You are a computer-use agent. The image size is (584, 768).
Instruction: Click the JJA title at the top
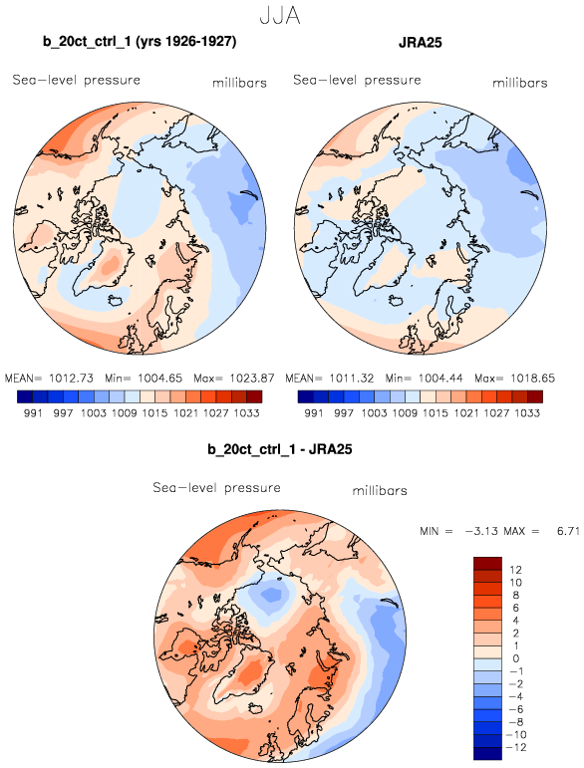(x=280, y=16)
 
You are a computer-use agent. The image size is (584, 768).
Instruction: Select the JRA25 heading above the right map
(x=421, y=43)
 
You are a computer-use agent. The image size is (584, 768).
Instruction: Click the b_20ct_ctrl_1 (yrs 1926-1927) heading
(x=140, y=42)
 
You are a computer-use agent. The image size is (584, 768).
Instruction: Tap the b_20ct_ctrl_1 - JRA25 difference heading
(x=280, y=449)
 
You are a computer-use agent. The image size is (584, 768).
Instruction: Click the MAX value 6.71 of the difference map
(x=568, y=531)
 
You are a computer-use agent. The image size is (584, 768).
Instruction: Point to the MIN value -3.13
(x=481, y=531)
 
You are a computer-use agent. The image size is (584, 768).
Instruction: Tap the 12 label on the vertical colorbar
(x=515, y=570)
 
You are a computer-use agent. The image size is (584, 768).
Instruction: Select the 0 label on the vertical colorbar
(x=516, y=658)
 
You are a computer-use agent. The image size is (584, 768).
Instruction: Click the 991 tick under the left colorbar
(x=33, y=413)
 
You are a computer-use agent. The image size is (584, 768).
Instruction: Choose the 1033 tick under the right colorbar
(x=527, y=413)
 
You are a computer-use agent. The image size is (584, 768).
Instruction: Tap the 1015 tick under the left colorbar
(x=154, y=413)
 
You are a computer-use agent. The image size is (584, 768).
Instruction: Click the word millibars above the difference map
(x=380, y=490)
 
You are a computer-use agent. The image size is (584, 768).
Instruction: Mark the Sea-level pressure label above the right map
(x=357, y=80)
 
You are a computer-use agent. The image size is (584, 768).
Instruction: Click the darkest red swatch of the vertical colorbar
(x=487, y=563)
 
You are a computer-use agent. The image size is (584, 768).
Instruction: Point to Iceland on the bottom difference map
(x=256, y=709)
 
